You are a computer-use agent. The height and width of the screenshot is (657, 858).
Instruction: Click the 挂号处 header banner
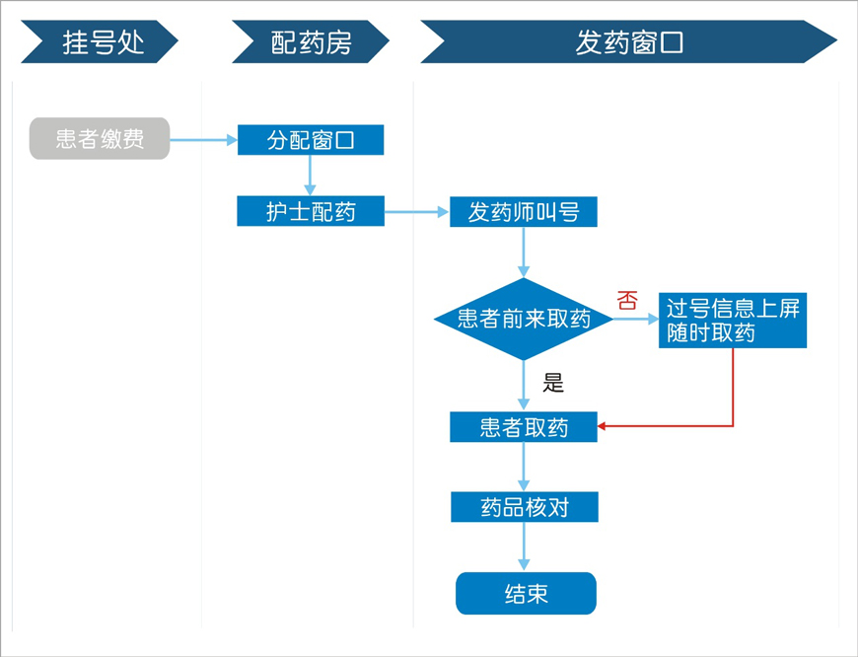click(x=99, y=42)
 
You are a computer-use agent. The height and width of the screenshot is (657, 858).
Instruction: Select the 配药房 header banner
click(x=310, y=42)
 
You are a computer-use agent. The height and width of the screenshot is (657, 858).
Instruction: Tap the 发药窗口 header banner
click(x=628, y=42)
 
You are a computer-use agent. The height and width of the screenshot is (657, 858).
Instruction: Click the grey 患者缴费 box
click(x=100, y=139)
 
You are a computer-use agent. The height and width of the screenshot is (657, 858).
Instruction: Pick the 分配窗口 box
click(x=311, y=140)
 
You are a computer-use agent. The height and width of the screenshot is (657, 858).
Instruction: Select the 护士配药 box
click(x=311, y=211)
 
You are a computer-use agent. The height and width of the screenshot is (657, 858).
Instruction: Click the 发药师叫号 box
click(x=524, y=211)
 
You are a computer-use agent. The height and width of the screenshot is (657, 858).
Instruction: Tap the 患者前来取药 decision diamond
click(x=524, y=319)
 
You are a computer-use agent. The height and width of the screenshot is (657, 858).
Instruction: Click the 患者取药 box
click(x=524, y=427)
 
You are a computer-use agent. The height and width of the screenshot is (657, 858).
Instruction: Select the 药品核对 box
click(x=524, y=507)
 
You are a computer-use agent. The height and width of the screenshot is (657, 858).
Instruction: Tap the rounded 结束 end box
click(x=526, y=593)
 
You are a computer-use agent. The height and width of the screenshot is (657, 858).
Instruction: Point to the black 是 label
click(x=553, y=383)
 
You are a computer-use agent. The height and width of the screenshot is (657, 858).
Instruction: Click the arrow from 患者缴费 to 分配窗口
click(x=203, y=140)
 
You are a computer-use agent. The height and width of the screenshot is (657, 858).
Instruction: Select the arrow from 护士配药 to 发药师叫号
click(x=416, y=211)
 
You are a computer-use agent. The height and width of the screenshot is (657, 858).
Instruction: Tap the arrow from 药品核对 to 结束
click(x=524, y=547)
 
